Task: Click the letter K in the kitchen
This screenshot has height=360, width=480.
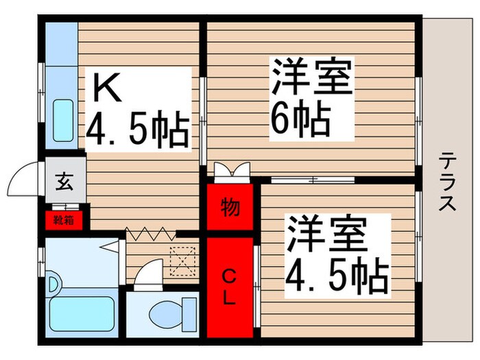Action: [x=108, y=88]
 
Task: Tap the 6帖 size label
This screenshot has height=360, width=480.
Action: [x=300, y=119]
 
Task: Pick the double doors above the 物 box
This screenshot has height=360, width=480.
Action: [x=230, y=170]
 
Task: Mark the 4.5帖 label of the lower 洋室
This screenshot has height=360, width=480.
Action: [x=337, y=274]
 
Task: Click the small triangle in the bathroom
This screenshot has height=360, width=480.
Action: [x=106, y=245]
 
